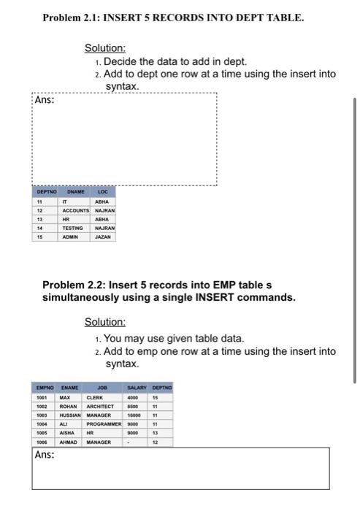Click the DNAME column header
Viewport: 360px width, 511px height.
75,192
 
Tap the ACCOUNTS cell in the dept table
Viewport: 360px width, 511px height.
76,210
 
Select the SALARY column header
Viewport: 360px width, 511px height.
137,388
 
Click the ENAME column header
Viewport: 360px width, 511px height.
70,388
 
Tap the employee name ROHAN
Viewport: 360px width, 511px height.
69,406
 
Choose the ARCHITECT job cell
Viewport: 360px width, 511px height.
100,406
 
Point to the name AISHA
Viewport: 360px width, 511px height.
69,433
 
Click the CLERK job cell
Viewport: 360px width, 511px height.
96,397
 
